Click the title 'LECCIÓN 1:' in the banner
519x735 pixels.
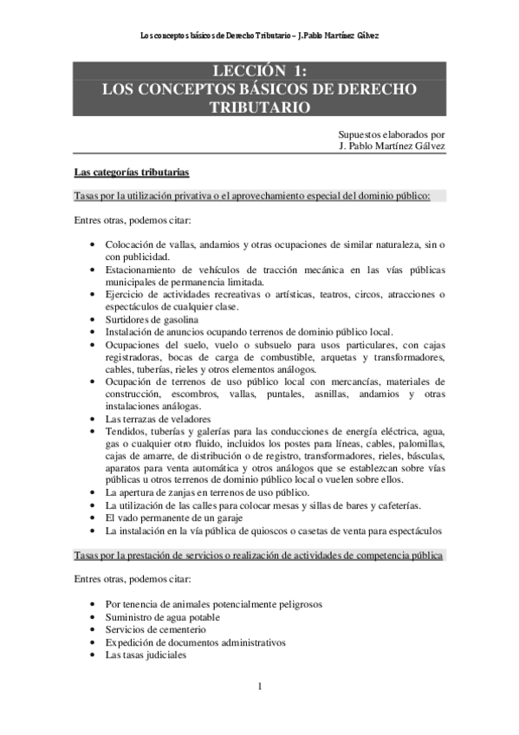click(259, 71)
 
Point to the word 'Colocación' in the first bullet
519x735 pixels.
click(131, 246)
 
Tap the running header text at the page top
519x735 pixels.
click(259, 36)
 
